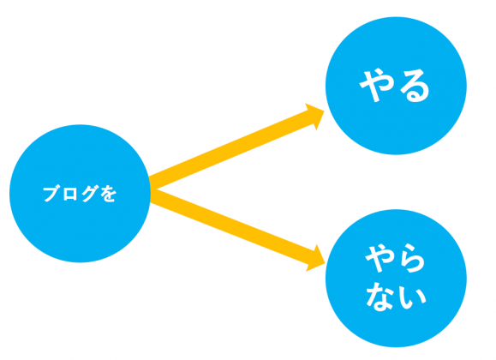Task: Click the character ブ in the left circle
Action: [x=51, y=194]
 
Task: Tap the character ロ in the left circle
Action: [x=69, y=194]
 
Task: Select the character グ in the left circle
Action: [x=88, y=194]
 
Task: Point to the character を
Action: [x=109, y=194]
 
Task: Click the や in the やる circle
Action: [x=376, y=86]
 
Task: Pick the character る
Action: [x=415, y=86]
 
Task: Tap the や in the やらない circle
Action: [x=379, y=257]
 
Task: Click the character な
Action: [x=379, y=297]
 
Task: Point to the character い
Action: [x=412, y=298]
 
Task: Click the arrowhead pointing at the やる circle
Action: [x=315, y=116]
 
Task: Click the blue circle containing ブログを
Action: [x=80, y=194]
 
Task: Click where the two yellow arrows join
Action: [x=152, y=189]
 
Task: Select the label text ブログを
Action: [x=80, y=194]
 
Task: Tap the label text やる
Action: [x=394, y=86]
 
